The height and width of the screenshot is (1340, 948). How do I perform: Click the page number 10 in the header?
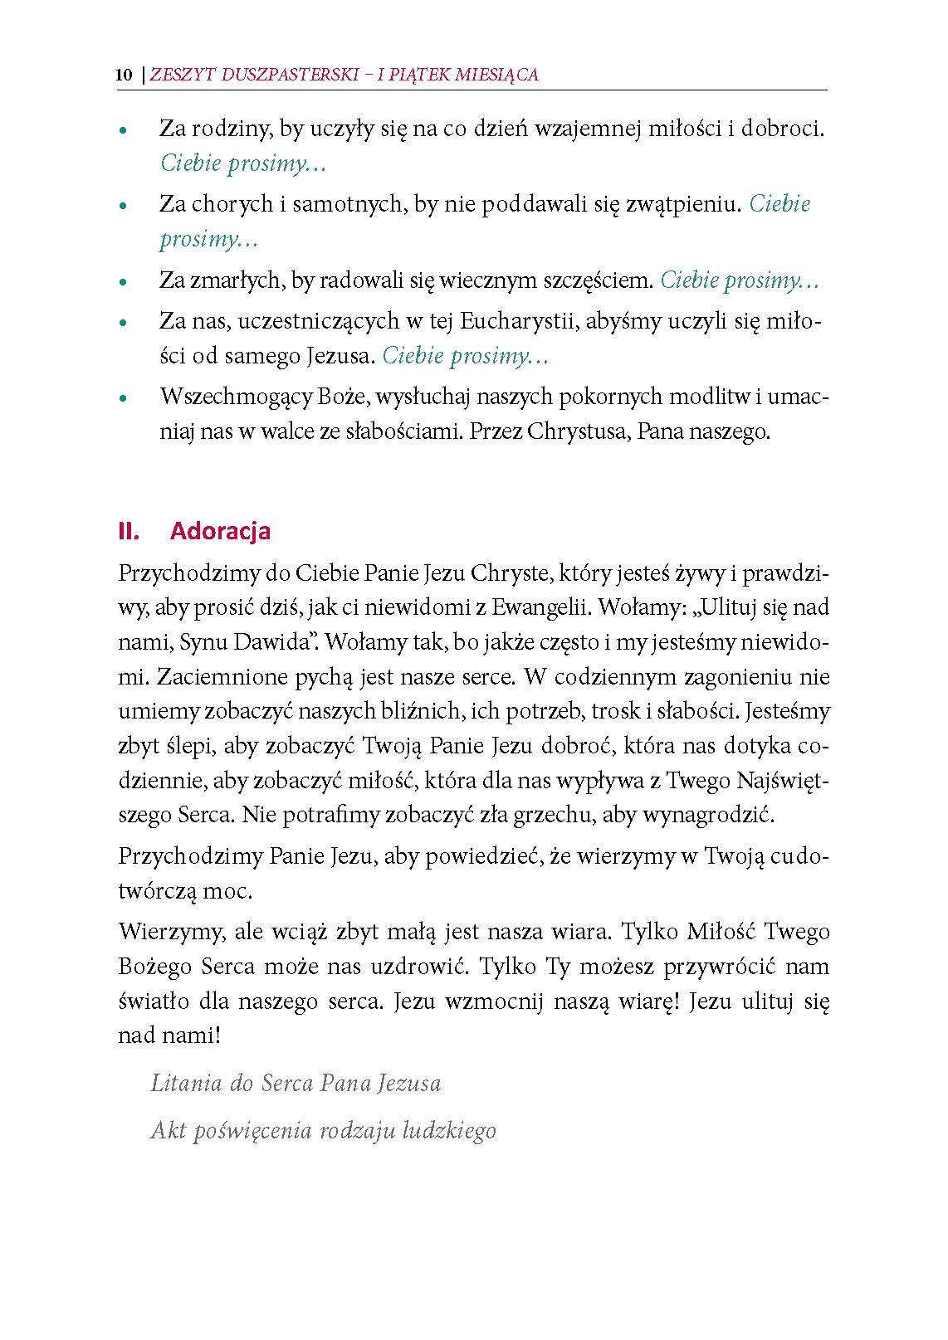124,75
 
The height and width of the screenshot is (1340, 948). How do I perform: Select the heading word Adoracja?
220,531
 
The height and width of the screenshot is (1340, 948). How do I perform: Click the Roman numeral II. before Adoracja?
129,531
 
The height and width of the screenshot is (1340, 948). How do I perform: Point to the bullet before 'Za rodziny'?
123,131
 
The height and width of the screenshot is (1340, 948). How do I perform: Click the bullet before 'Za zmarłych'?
123,283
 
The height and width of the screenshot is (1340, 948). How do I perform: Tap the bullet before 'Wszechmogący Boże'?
123,399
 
